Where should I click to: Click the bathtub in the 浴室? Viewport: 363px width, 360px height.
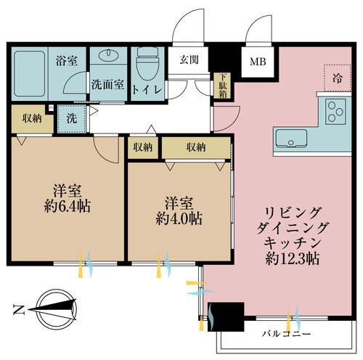30,73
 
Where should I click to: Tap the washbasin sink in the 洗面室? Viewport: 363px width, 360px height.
109,54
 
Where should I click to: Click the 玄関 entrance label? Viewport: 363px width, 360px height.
189,60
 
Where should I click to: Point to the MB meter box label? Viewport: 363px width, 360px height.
258,62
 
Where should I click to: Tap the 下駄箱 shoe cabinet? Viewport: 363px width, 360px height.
222,86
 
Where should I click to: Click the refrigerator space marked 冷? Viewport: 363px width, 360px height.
338,78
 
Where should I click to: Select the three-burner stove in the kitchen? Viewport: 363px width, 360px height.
335,112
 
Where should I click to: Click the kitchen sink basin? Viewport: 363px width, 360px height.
291,138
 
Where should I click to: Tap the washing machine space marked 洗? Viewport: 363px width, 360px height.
72,118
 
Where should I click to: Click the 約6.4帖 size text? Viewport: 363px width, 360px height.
68,206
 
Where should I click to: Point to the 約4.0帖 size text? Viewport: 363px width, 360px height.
179,219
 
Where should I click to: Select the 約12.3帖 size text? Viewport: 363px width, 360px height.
293,258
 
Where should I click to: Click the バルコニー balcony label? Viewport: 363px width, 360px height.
286,334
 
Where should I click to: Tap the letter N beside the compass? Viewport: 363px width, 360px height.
19,310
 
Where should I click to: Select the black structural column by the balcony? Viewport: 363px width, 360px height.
226,316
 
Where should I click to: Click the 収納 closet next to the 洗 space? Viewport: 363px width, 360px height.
33,118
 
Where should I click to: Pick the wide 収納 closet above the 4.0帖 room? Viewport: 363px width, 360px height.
196,147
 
